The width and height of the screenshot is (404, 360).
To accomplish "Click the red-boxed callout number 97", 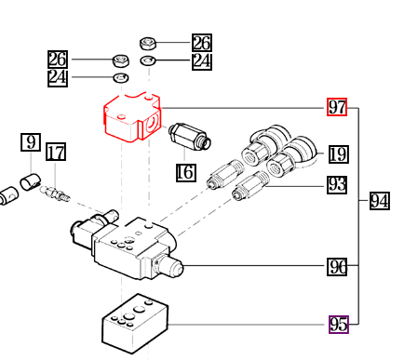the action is click(x=337, y=107).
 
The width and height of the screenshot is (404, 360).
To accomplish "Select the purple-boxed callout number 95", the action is click(x=339, y=325).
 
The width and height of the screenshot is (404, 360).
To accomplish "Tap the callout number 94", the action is click(x=380, y=201).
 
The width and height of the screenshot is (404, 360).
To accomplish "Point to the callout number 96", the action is click(x=337, y=266).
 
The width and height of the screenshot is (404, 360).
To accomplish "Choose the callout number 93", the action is click(x=337, y=185).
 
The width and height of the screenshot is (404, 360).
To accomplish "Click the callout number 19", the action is click(x=339, y=154).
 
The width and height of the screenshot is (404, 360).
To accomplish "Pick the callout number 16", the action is click(x=186, y=172).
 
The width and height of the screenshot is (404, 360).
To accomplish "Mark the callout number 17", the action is click(x=56, y=152).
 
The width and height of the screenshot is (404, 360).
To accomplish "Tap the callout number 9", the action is click(x=31, y=142).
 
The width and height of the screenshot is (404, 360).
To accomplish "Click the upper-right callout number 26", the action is click(x=202, y=43).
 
